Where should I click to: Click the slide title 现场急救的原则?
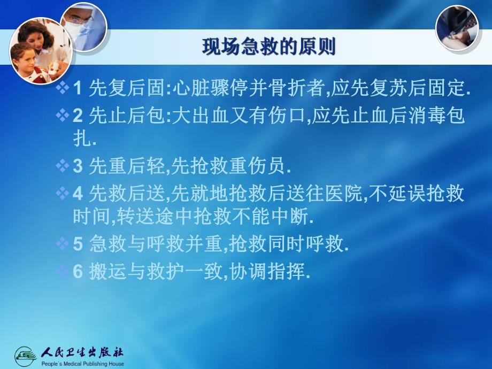pyautogui.click(x=268, y=47)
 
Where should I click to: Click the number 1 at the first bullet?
pyautogui.click(x=77, y=89)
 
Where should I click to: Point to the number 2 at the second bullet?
pyautogui.click(x=77, y=117)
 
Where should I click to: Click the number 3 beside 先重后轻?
pyautogui.click(x=77, y=167)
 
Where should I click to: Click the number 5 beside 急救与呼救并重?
pyautogui.click(x=77, y=244)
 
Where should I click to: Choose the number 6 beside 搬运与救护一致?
pyautogui.click(x=77, y=272)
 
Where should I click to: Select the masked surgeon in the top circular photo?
pyautogui.click(x=82, y=26)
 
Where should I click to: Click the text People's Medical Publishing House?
pyautogui.click(x=82, y=364)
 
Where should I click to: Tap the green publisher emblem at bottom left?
pyautogui.click(x=26, y=355)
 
